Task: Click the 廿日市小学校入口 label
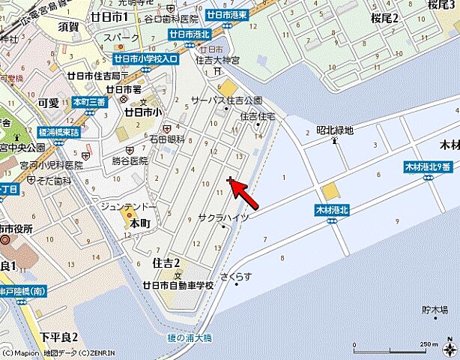coord(145,58)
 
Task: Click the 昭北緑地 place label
coord(334,130)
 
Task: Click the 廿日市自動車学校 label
coord(178,285)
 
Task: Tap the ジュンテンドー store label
coord(128,206)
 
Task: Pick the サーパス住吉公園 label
coord(226,100)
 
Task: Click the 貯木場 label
coord(434,308)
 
